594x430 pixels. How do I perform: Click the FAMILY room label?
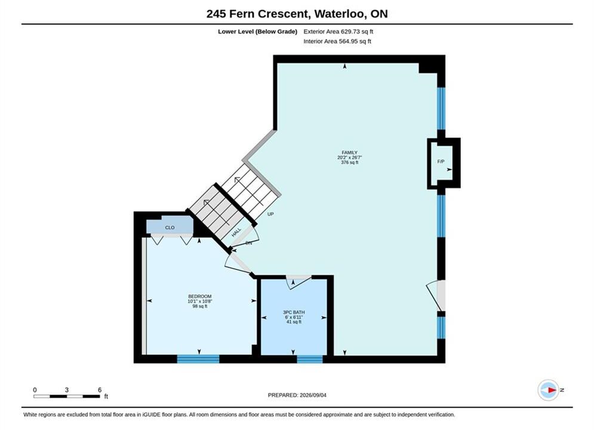pyautogui.click(x=349, y=153)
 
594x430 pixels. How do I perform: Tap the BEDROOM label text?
pyautogui.click(x=199, y=296)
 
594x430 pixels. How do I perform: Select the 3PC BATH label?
pyautogui.click(x=294, y=312)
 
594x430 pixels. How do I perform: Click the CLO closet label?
pyautogui.click(x=170, y=228)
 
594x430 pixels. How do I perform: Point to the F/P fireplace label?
pyautogui.click(x=441, y=161)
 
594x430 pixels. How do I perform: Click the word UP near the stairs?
pyautogui.click(x=270, y=214)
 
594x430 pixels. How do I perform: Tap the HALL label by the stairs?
pyautogui.click(x=236, y=232)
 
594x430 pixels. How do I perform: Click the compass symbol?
pyautogui.click(x=549, y=390)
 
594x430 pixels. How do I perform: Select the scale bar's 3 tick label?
pyautogui.click(x=67, y=390)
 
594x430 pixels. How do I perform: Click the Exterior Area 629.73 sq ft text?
pyautogui.click(x=338, y=32)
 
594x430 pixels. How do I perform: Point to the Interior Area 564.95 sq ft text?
pyautogui.click(x=337, y=41)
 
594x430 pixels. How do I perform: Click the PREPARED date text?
pyautogui.click(x=297, y=395)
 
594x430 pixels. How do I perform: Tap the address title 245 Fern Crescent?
pyautogui.click(x=257, y=14)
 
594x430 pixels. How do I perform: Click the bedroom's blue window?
pyautogui.click(x=198, y=359)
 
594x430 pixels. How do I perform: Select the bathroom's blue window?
pyautogui.click(x=310, y=359)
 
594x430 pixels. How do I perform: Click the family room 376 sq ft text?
pyautogui.click(x=349, y=162)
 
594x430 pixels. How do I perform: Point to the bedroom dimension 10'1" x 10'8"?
pyautogui.click(x=199, y=301)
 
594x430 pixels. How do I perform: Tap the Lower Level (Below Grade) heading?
pyautogui.click(x=258, y=32)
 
